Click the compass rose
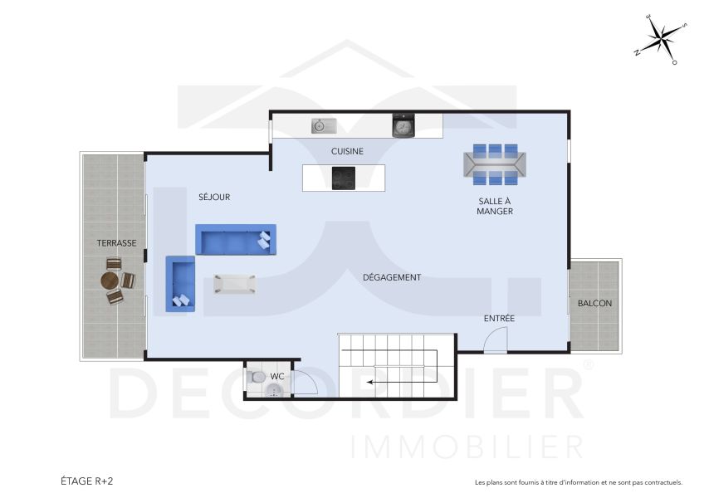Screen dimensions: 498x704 coord(661,39)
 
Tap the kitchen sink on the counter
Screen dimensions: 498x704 coord(323,126)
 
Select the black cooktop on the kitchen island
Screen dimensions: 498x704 coord(343,178)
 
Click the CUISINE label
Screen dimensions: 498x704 coord(347,151)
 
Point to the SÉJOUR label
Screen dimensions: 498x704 coord(214,198)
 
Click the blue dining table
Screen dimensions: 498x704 coord(495,164)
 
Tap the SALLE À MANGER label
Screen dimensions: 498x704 coord(495,206)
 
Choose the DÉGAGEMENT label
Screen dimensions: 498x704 coord(392,277)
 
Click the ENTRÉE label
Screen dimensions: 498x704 coord(499,319)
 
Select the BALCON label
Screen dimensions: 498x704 coord(594,304)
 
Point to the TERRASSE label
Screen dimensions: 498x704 coord(116,243)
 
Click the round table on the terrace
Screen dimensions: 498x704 coord(112,281)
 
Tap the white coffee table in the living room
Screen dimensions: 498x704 coord(235,284)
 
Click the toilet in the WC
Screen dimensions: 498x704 coord(257,378)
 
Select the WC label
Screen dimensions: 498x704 coord(277,377)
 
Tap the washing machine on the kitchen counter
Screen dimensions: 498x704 coord(403,126)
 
